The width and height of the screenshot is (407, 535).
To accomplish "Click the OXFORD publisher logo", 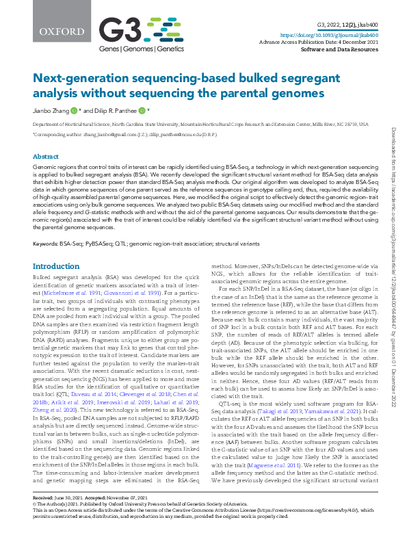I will click(51, 31).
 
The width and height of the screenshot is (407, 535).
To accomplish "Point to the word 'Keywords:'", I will click(45, 243).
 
